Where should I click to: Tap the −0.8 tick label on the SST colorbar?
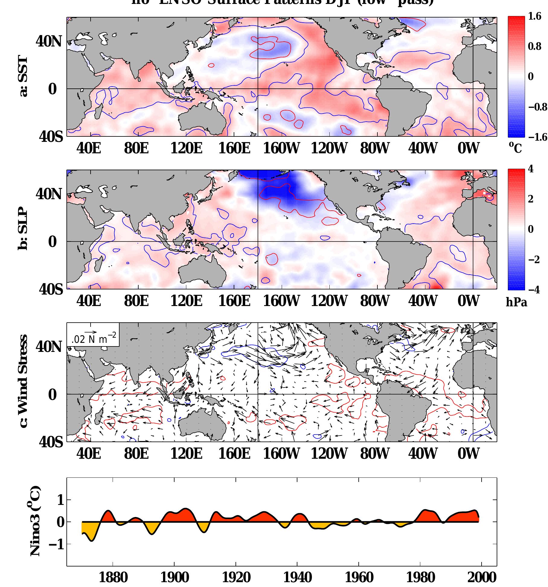click(x=537, y=107)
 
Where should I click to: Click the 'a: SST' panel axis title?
click(x=23, y=77)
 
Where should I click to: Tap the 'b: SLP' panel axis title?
click(x=23, y=230)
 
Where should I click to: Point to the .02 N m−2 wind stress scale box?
click(x=93, y=334)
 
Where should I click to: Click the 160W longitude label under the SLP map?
click(x=281, y=301)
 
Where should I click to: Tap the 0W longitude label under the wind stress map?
click(x=468, y=454)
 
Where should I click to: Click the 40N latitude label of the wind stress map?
click(x=49, y=347)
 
